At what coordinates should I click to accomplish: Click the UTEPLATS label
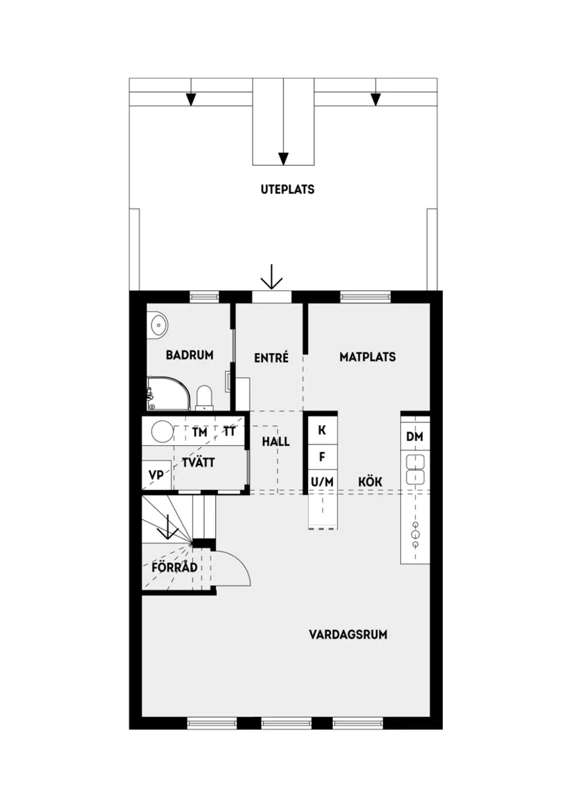tap(287, 189)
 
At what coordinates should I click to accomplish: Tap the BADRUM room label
tap(190, 355)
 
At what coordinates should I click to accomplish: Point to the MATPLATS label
tap(368, 357)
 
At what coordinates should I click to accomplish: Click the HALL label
tap(275, 442)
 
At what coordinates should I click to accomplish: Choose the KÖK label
tap(370, 481)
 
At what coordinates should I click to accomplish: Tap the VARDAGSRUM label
tap(347, 634)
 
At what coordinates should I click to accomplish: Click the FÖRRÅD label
tap(174, 568)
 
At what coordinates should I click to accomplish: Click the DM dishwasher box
tap(415, 436)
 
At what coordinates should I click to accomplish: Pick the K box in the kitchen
tap(322, 430)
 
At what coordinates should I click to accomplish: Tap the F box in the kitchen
tap(322, 456)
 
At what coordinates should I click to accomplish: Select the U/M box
tap(322, 481)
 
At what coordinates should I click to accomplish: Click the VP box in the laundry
tap(156, 476)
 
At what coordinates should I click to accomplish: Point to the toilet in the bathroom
tap(204, 397)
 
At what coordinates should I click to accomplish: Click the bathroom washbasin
tap(158, 323)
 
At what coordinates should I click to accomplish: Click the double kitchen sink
tap(415, 469)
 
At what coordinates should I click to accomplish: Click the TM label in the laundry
tap(199, 433)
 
